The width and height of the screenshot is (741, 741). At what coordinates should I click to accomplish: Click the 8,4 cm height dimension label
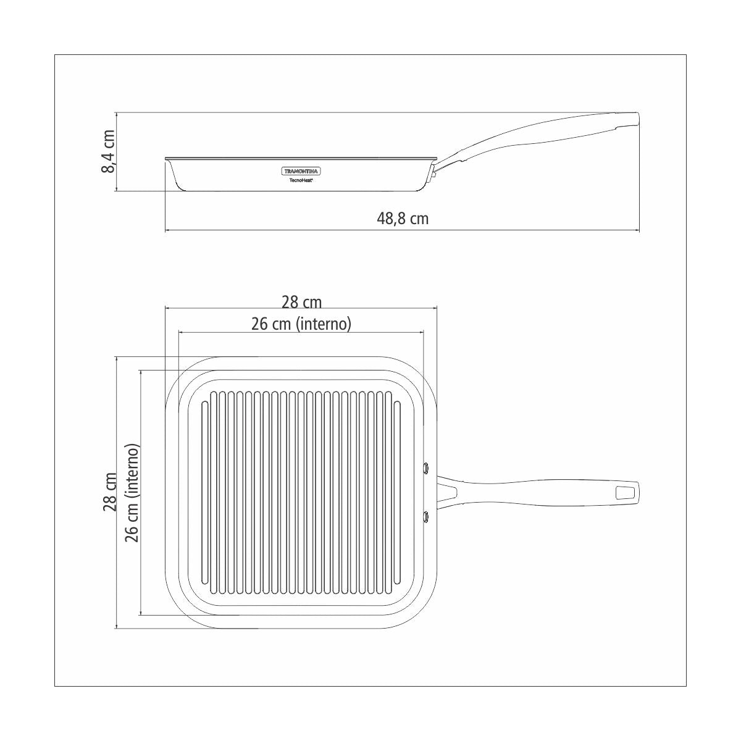[x=107, y=151]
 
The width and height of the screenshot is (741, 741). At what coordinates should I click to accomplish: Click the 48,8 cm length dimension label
[x=403, y=219]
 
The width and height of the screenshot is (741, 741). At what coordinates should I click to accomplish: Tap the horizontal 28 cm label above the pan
[x=301, y=302]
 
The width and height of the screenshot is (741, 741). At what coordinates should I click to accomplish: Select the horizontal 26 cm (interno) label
[x=301, y=324]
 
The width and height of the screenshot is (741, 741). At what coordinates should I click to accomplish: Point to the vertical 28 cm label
[x=109, y=492]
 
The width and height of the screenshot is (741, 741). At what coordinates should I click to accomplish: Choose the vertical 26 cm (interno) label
[x=132, y=492]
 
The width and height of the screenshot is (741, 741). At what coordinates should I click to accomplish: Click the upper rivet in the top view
[x=426, y=467]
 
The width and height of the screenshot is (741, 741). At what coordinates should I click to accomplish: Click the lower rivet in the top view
[x=426, y=516]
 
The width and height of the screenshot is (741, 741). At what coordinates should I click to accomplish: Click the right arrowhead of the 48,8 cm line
[x=638, y=231]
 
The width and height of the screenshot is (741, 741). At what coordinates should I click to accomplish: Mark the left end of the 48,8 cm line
[x=166, y=231]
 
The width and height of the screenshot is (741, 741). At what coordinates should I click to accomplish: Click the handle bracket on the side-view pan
[x=434, y=173]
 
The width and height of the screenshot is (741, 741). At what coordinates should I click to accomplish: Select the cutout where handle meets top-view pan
[x=448, y=492]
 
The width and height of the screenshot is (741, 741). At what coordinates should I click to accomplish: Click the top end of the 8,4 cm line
[x=117, y=114]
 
